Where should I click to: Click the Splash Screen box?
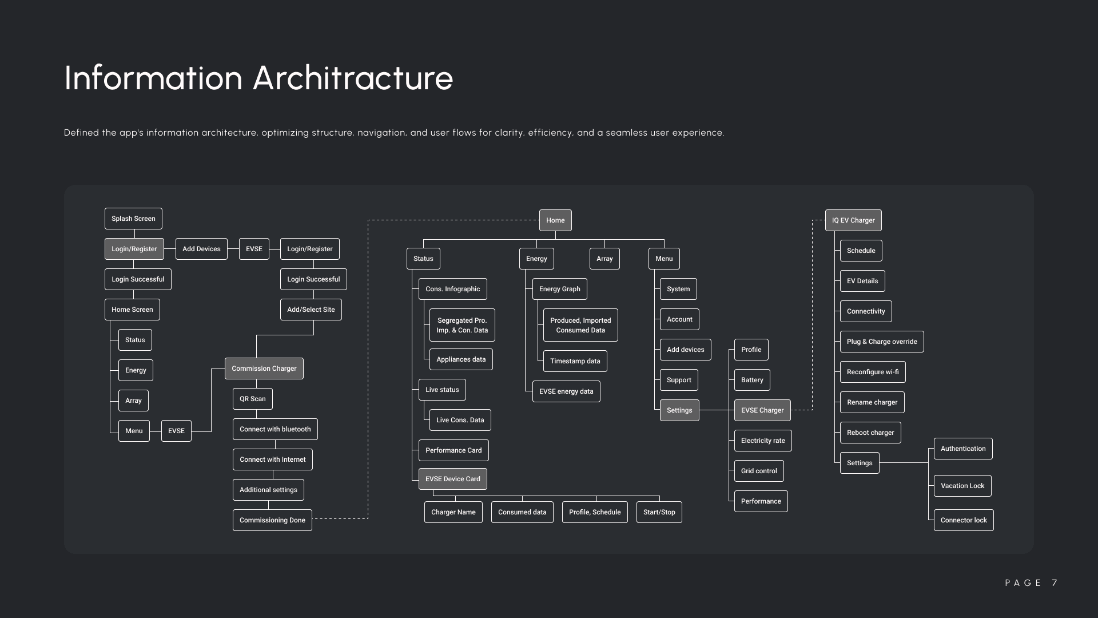[x=133, y=219]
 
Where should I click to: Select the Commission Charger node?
[x=264, y=369]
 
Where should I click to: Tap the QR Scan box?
[x=252, y=399]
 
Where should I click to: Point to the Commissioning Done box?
[x=272, y=520]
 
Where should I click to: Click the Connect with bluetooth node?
[x=275, y=429]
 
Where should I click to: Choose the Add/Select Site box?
[x=311, y=310]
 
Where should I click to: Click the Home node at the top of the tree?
[x=555, y=220]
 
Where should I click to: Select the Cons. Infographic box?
[x=452, y=289]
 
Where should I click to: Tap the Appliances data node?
[x=461, y=359]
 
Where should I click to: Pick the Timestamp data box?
[x=575, y=361]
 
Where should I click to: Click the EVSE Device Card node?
[x=452, y=479]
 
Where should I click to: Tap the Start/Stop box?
[x=659, y=512]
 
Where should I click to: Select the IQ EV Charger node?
[x=853, y=220]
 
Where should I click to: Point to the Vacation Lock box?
[x=962, y=486]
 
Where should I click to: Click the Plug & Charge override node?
[x=881, y=342]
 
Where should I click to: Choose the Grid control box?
[x=759, y=471]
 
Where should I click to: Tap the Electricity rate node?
[x=763, y=441]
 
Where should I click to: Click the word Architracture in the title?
[x=353, y=78]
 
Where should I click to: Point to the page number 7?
[x=1055, y=583]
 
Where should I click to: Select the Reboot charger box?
[x=870, y=433]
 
